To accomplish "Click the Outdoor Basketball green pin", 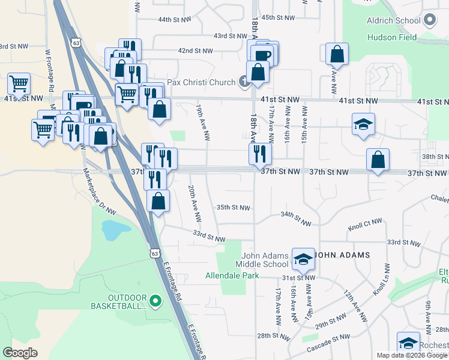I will pyautogui.click(x=155, y=301).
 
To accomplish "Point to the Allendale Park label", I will pyautogui.click(x=232, y=276).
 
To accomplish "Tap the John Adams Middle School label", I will pyautogui.click(x=265, y=260).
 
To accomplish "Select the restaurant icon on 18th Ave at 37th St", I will pyautogui.click(x=260, y=154).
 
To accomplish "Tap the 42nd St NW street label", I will pyautogui.click(x=195, y=51).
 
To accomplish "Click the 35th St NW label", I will pyautogui.click(x=233, y=208).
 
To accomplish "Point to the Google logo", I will pyautogui.click(x=20, y=353).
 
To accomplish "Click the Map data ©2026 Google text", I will pyautogui.click(x=412, y=355).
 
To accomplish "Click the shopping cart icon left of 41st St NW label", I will pyautogui.click(x=19, y=83).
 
